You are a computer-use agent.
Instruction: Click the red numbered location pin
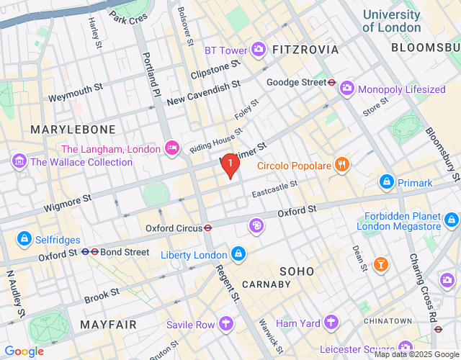coord(230,165)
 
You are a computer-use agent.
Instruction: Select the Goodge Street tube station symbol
coord(331,82)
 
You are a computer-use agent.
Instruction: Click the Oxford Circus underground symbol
coord(207,228)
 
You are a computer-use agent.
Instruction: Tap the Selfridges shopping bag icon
coord(24,237)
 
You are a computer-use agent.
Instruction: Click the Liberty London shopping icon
coord(238,254)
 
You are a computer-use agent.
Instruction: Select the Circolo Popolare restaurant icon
coord(341,165)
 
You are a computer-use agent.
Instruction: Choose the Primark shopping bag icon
coord(387,182)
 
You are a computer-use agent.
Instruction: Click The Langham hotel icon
coord(172,148)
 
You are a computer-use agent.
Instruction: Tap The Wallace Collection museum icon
coord(19,161)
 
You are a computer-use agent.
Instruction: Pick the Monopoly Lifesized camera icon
coord(347,89)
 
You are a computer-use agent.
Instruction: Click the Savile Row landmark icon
coord(227,324)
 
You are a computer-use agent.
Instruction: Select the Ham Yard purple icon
coord(331,323)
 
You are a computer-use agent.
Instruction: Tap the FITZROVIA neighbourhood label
coord(305,49)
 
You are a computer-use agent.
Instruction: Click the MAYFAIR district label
coord(108,325)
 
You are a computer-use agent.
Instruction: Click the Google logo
coord(23,351)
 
